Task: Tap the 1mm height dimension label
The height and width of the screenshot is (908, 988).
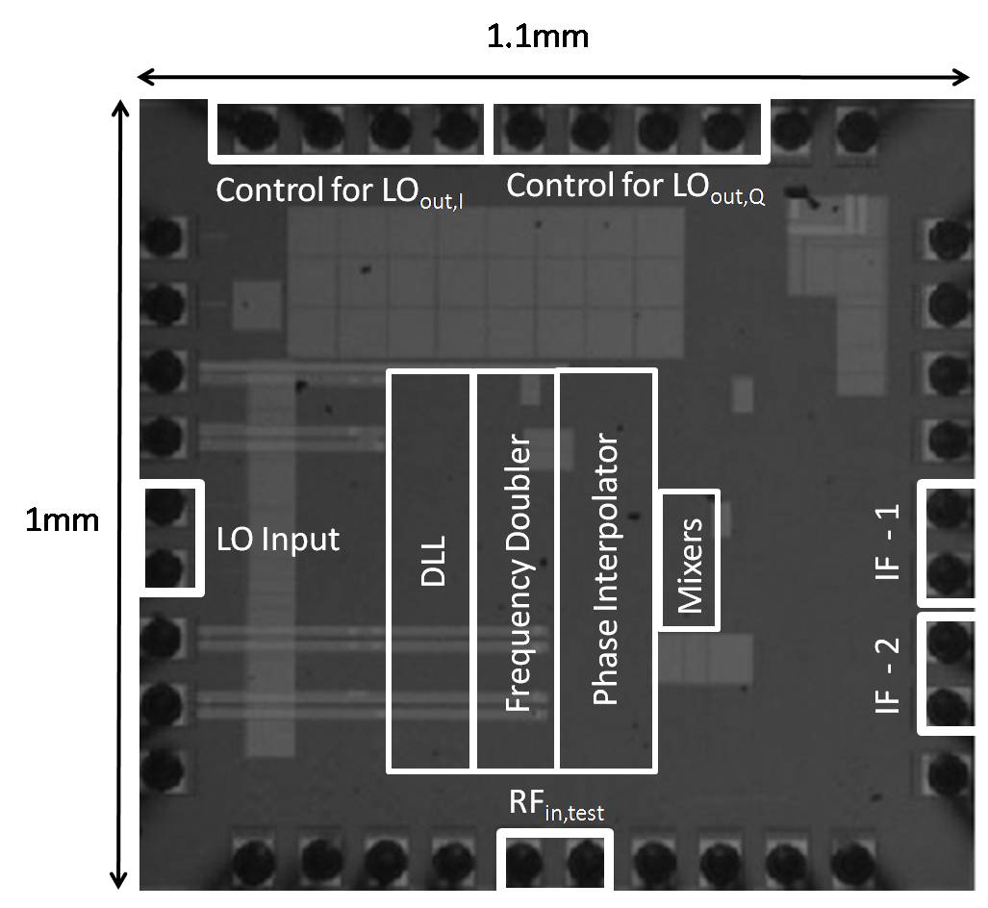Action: (x=62, y=520)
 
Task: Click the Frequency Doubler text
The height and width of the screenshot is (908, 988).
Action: (x=518, y=574)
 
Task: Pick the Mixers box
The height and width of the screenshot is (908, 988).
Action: (x=689, y=562)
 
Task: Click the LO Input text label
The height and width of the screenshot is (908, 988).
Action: (x=278, y=539)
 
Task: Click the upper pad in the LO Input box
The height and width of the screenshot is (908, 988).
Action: (x=165, y=506)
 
